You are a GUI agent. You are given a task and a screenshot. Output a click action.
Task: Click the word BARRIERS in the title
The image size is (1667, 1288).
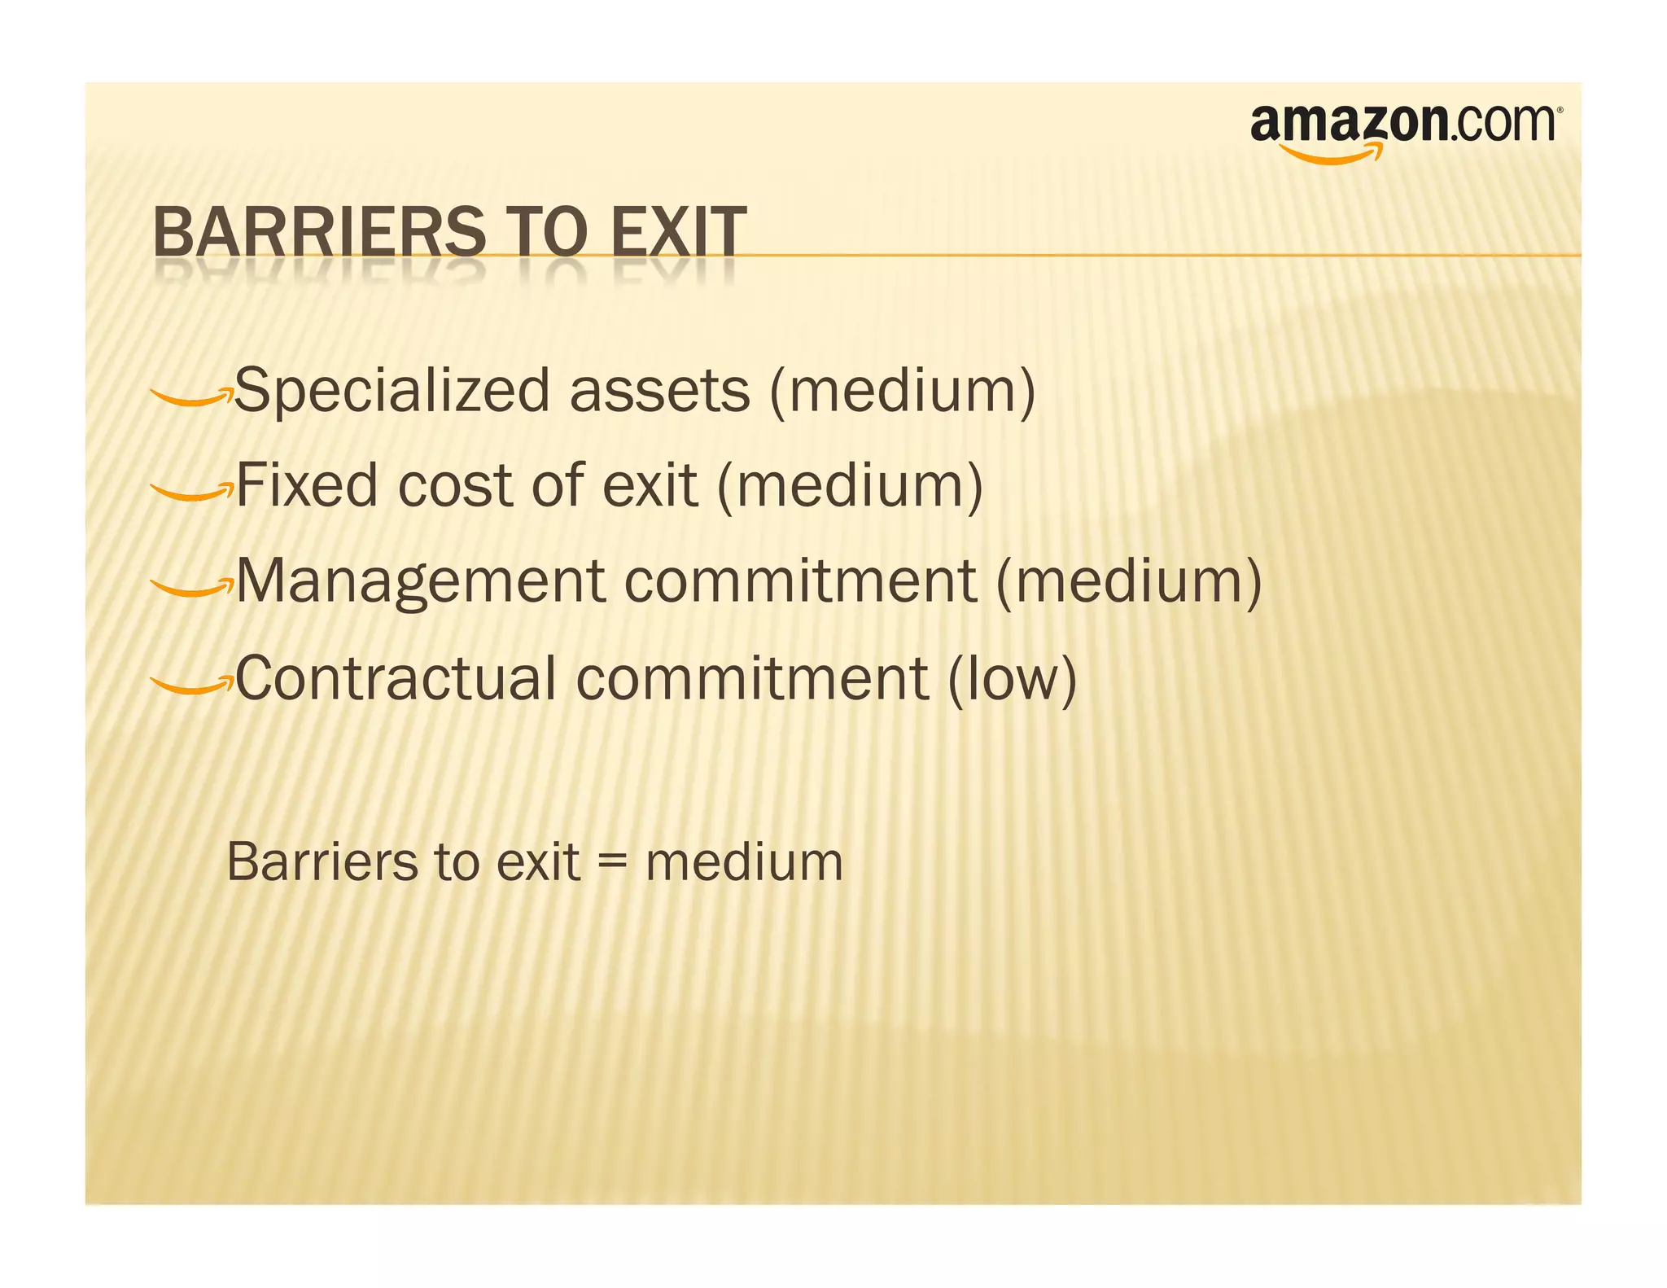pyautogui.click(x=318, y=232)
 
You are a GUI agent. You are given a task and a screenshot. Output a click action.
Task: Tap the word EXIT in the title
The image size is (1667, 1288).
pyautogui.click(x=677, y=232)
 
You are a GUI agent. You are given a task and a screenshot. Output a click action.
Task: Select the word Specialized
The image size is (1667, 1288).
pyautogui.click(x=393, y=392)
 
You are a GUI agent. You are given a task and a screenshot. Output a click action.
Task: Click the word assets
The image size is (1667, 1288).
pyautogui.click(x=659, y=392)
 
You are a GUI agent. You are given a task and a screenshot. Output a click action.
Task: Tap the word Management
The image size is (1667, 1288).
pyautogui.click(x=420, y=581)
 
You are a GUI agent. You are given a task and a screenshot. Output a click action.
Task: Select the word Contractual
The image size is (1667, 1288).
pyautogui.click(x=396, y=678)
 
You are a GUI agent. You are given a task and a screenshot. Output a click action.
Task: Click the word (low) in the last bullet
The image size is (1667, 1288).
pyautogui.click(x=1012, y=678)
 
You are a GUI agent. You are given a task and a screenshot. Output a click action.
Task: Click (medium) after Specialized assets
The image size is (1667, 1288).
pyautogui.click(x=902, y=392)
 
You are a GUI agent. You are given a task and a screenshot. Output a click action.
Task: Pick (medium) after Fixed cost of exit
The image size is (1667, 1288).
pyautogui.click(x=850, y=485)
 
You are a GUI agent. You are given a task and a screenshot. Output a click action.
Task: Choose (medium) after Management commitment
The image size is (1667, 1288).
pyautogui.click(x=1128, y=581)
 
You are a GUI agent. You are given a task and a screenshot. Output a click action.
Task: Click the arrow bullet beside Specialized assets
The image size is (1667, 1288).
pyautogui.click(x=191, y=396)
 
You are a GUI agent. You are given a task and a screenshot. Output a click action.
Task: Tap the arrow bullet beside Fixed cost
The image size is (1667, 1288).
pyautogui.click(x=191, y=491)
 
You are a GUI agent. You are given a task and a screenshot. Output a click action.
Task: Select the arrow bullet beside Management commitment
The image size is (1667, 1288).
pyautogui.click(x=191, y=587)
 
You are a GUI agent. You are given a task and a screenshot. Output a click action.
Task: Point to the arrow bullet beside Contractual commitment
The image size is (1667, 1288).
pyautogui.click(x=191, y=684)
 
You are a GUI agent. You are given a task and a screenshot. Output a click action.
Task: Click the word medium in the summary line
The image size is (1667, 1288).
pyautogui.click(x=744, y=862)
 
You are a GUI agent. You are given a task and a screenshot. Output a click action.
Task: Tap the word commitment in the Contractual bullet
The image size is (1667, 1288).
pyautogui.click(x=752, y=678)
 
